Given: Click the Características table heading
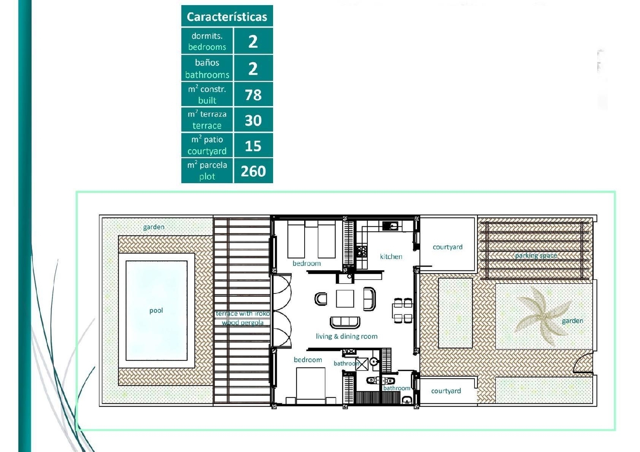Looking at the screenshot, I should pos(227,17).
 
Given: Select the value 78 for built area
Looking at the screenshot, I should pos(253,95).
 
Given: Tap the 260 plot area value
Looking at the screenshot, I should pos(253,171).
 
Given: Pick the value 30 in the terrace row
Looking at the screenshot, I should pos(253,121).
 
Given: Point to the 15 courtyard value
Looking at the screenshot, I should pos(253,146).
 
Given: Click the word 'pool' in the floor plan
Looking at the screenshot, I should pos(156,311).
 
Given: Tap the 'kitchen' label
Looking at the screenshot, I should pos(391,256).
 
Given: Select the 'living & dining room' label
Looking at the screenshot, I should pos(346,336).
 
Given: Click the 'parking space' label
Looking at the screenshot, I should pos(536,256).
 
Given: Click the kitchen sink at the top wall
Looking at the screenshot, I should pos(390,226).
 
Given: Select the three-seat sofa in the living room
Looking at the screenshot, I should pos(345,322).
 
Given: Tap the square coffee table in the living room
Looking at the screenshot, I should pos(345,298).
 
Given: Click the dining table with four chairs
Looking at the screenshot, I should pos(403,310).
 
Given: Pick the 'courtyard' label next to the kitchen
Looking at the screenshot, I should pos(447,247).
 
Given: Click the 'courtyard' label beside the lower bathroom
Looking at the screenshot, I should pos(446,391).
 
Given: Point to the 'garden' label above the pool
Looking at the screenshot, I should pos(154,227).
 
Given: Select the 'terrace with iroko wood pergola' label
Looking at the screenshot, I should pos(242,318).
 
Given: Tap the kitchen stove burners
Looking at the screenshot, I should pos(362,251).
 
